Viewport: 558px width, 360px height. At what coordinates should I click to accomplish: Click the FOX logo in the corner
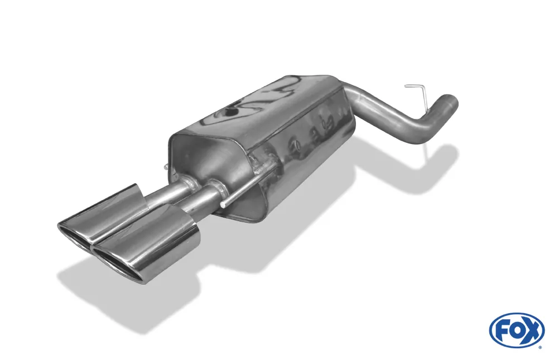517,330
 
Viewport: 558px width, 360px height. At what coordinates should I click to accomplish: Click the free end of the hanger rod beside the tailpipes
223,206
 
